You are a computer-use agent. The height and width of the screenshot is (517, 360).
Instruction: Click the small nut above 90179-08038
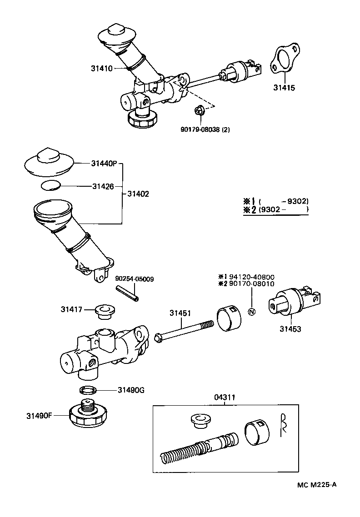point(198,110)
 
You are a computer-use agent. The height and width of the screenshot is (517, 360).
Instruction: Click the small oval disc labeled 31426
point(50,185)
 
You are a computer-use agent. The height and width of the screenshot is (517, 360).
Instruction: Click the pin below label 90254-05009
point(128,293)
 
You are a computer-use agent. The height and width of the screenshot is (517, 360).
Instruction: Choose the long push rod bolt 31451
point(184,331)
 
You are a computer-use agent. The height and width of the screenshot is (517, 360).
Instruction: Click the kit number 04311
point(225,397)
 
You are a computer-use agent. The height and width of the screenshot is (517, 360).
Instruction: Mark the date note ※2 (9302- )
point(276,209)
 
